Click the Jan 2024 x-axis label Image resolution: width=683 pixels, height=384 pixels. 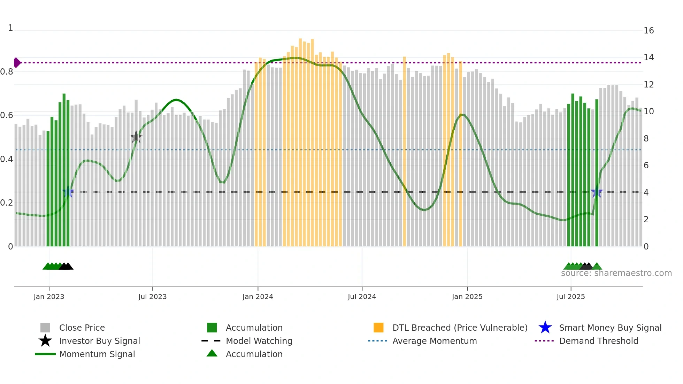(258, 297)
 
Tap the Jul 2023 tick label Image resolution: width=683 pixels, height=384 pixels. (152, 297)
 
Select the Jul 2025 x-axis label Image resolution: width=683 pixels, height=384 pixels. (570, 297)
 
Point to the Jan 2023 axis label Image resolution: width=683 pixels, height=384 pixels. (49, 297)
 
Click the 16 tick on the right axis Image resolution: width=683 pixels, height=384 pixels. (649, 31)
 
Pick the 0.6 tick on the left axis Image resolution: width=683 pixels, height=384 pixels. (7, 115)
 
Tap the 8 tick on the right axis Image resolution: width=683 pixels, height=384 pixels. (646, 139)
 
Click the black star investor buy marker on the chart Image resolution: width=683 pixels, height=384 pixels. (136, 137)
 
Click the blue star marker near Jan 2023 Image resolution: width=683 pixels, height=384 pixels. (68, 192)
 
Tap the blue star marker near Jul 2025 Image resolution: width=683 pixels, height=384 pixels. (597, 192)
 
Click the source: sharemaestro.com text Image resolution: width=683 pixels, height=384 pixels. (616, 273)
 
